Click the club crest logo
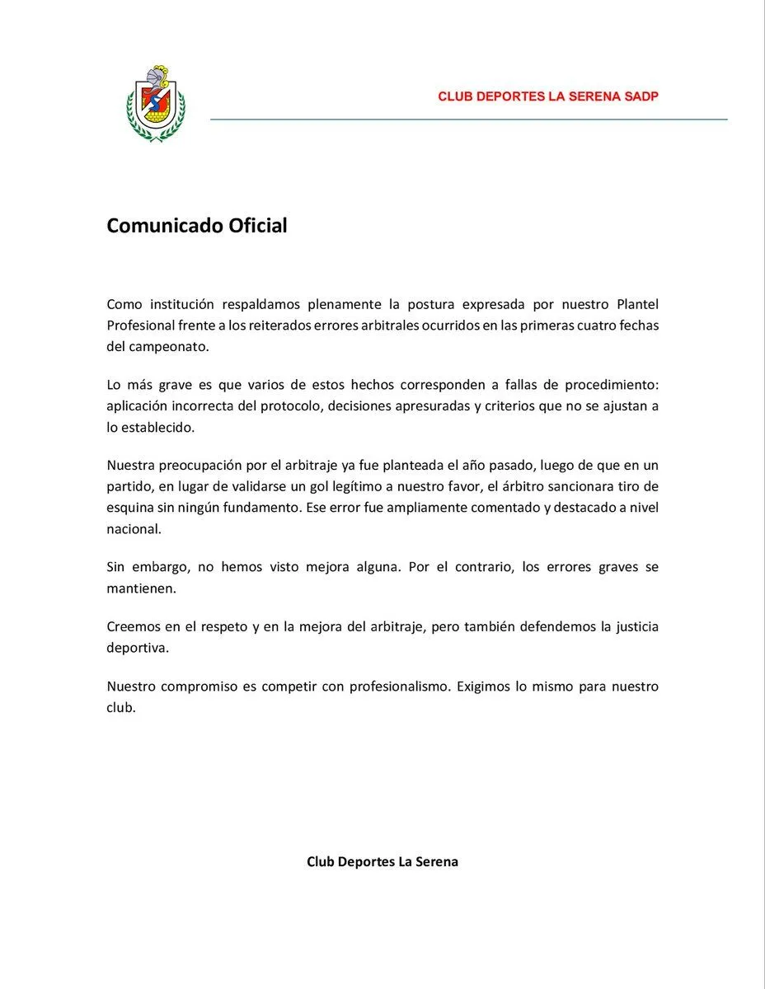pos(156,103)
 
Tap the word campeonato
pos(169,346)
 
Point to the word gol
pos(368,486)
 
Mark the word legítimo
pos(411,486)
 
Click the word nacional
pos(133,529)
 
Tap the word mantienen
pos(142,588)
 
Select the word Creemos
pos(134,626)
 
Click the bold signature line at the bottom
pos(382,862)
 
